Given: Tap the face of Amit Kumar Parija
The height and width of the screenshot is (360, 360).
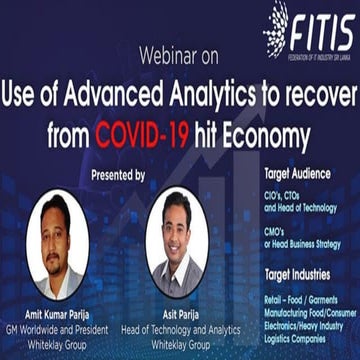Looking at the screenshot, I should tap(63, 234).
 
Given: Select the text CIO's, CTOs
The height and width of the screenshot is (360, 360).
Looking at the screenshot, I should tap(286, 192).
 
